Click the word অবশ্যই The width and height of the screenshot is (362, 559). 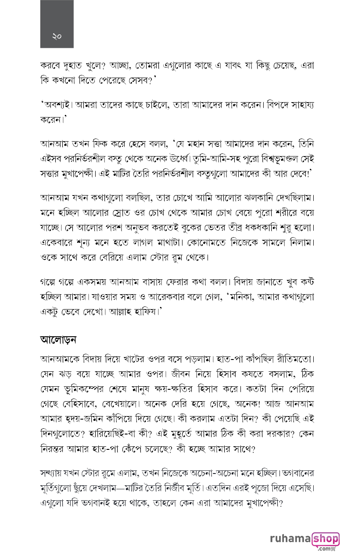tap(58, 105)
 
